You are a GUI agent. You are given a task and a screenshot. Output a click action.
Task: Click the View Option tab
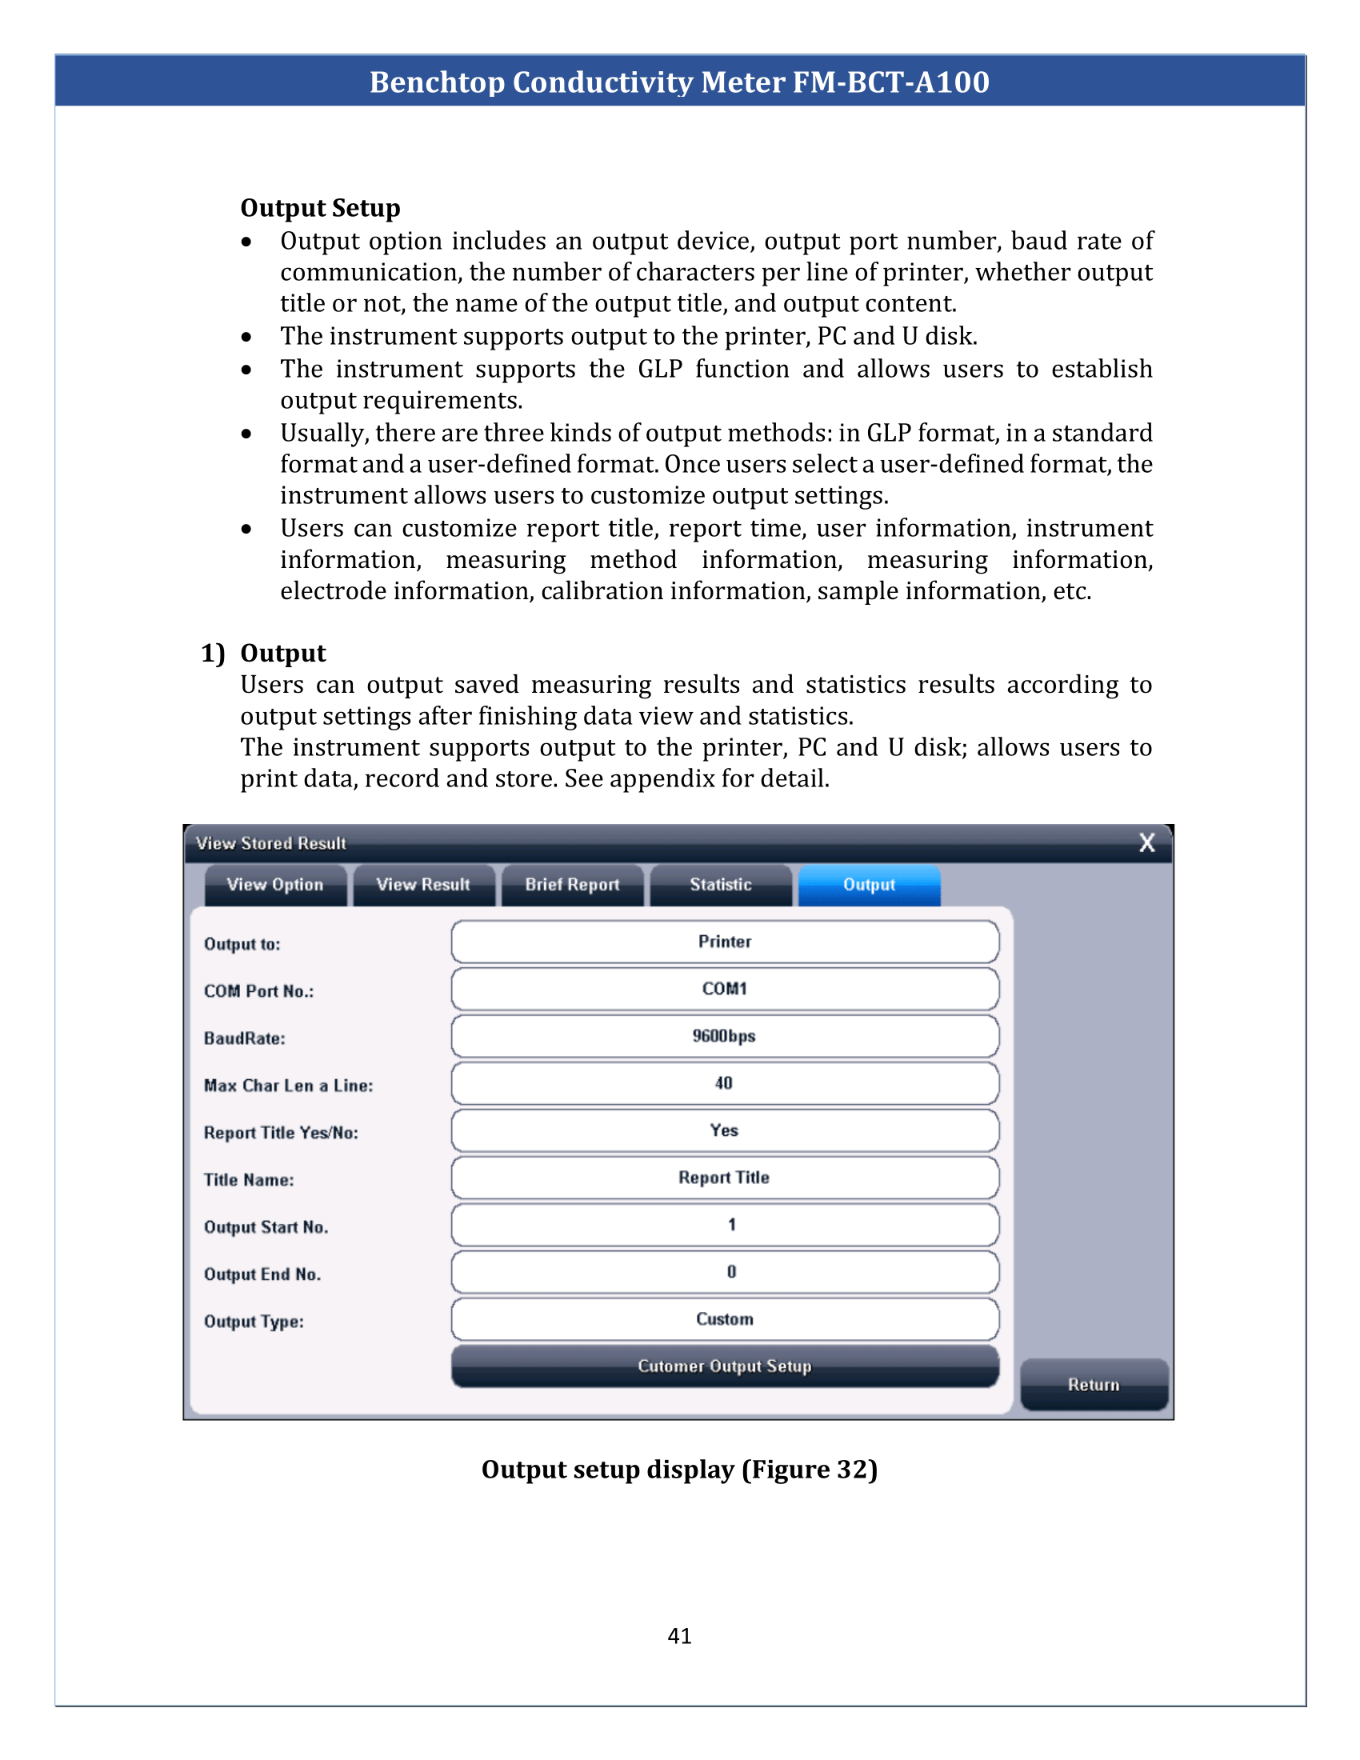(x=274, y=885)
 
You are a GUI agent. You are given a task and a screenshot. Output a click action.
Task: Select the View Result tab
(x=423, y=885)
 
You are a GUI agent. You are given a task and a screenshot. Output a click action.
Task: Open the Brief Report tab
(x=572, y=885)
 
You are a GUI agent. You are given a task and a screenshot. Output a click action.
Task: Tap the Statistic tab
(x=720, y=885)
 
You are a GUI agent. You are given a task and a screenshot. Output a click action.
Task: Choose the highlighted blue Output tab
(x=869, y=885)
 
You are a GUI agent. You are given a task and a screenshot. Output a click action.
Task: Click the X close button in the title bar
(x=1146, y=843)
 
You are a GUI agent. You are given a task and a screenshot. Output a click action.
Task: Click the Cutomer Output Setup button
(x=724, y=1366)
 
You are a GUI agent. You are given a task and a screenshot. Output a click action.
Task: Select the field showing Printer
(x=724, y=942)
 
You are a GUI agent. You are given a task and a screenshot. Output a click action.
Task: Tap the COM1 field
(x=724, y=989)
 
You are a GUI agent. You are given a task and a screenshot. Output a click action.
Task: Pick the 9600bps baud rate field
(x=724, y=1035)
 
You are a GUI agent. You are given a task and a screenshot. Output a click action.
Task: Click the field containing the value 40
(x=724, y=1083)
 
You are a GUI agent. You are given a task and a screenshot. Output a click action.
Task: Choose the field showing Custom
(x=724, y=1319)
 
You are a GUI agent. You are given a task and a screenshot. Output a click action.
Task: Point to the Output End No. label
(x=262, y=1274)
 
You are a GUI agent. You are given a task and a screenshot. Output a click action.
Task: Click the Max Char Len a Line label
(x=288, y=1086)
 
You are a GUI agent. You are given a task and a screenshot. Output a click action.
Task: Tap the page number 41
(x=679, y=1635)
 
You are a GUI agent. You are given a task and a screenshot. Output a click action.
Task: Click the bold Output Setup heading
(x=320, y=208)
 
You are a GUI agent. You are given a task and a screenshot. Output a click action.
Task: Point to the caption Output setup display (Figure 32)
(x=679, y=1469)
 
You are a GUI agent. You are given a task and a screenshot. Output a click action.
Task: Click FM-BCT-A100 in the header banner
(x=890, y=82)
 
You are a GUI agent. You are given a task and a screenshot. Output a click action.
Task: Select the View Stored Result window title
(x=270, y=843)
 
